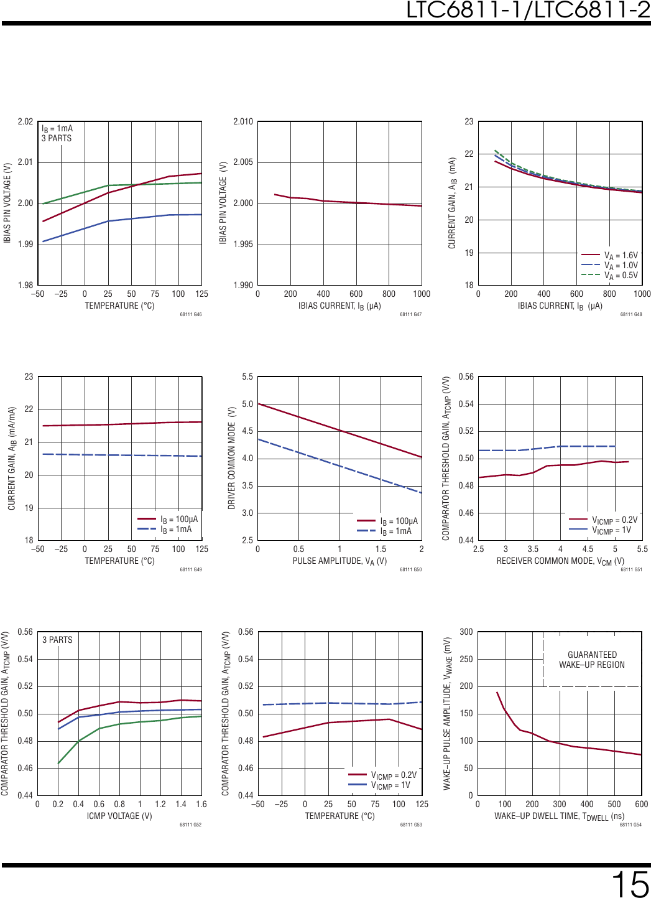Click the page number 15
[629, 882]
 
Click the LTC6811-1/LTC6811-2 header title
[528, 10]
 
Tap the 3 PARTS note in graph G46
[57, 138]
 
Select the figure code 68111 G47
[410, 314]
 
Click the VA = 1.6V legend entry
[621, 255]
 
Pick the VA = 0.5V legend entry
[621, 275]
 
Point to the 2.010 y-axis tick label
[243, 121]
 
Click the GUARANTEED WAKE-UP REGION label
[592, 660]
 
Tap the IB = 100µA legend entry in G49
[178, 519]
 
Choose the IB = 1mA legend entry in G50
[395, 531]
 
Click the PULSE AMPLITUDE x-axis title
[339, 561]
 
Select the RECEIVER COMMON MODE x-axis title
[560, 561]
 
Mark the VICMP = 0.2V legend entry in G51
[614, 520]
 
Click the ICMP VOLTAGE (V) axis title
[119, 816]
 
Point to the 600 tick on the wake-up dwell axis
[641, 804]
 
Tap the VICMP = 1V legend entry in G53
[390, 785]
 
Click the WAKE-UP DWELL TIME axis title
[559, 816]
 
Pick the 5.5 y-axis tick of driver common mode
[247, 377]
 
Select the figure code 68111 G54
[630, 825]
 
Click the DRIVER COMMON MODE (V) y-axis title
[232, 458]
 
